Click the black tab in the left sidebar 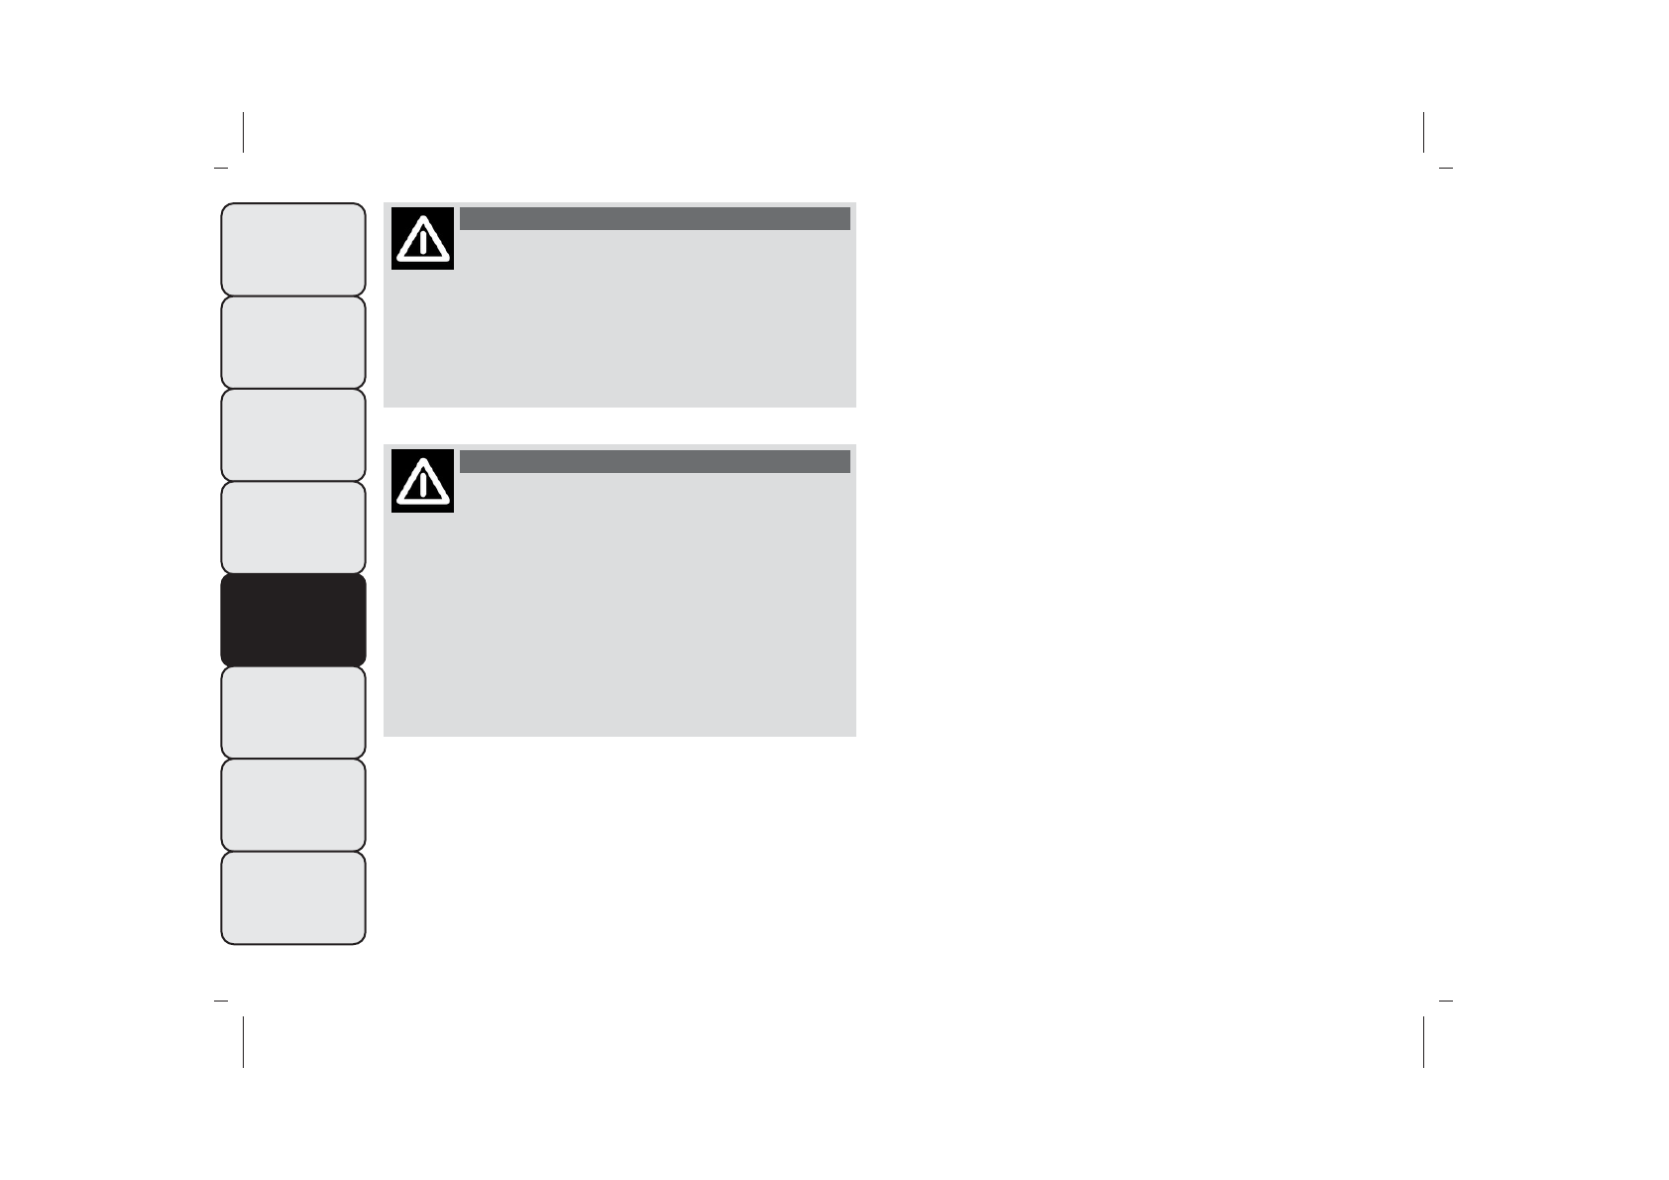point(292,620)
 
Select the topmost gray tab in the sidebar point(292,249)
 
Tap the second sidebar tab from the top point(292,342)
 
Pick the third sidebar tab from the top point(292,434)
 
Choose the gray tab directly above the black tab point(292,528)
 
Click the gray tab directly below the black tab point(292,712)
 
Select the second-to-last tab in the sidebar point(292,805)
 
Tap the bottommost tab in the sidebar point(292,897)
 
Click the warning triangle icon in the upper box point(422,238)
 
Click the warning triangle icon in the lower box point(422,481)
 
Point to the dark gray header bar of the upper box point(654,218)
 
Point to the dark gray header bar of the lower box point(654,461)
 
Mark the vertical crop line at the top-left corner point(243,132)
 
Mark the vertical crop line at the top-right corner point(1423,132)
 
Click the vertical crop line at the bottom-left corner point(243,1041)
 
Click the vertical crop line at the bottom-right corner point(1423,1041)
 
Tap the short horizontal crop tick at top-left point(221,168)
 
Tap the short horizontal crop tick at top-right point(1445,168)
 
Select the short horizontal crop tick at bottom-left point(221,1002)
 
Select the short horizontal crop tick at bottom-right point(1445,1002)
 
